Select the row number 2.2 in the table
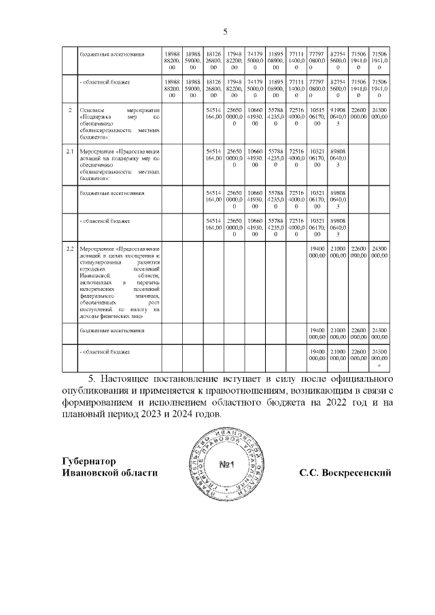tap(69, 249)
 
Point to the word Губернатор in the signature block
tap(88, 460)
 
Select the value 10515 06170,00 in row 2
tap(317, 116)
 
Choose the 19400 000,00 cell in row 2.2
tap(317, 252)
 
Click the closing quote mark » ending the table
tap(379, 365)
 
